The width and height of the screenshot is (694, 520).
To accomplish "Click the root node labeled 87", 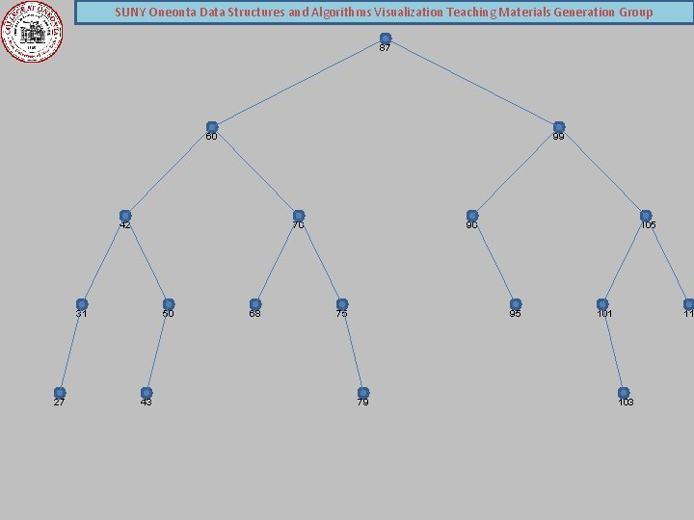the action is (x=386, y=39).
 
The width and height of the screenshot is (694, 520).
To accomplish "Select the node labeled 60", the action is (x=212, y=127).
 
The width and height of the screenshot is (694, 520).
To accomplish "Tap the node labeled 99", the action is (x=559, y=127).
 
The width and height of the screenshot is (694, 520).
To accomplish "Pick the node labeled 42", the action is (x=125, y=216).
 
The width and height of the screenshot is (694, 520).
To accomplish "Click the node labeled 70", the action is (x=299, y=216).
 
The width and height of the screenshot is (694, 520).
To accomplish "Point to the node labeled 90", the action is (x=472, y=216).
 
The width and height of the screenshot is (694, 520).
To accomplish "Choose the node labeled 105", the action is (x=646, y=216).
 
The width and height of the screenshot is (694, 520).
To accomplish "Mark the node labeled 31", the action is (x=82, y=304).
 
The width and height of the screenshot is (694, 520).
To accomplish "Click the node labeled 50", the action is (x=169, y=304).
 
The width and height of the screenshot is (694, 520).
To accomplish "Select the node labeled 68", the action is (x=255, y=304).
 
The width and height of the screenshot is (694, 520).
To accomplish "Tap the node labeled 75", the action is (x=342, y=304).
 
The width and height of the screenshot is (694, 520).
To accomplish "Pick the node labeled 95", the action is (x=516, y=304).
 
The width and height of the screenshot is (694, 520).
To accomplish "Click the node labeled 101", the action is (x=602, y=304).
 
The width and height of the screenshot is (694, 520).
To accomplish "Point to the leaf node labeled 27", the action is (x=60, y=393).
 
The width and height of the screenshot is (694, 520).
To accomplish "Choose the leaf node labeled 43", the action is (x=147, y=393).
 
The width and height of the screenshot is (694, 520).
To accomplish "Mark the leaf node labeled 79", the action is (x=363, y=393).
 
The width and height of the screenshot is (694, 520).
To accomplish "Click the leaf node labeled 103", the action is (x=624, y=393).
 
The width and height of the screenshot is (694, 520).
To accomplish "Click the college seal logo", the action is (x=32, y=31).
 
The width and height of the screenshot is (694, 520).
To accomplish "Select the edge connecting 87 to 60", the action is (x=299, y=83).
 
